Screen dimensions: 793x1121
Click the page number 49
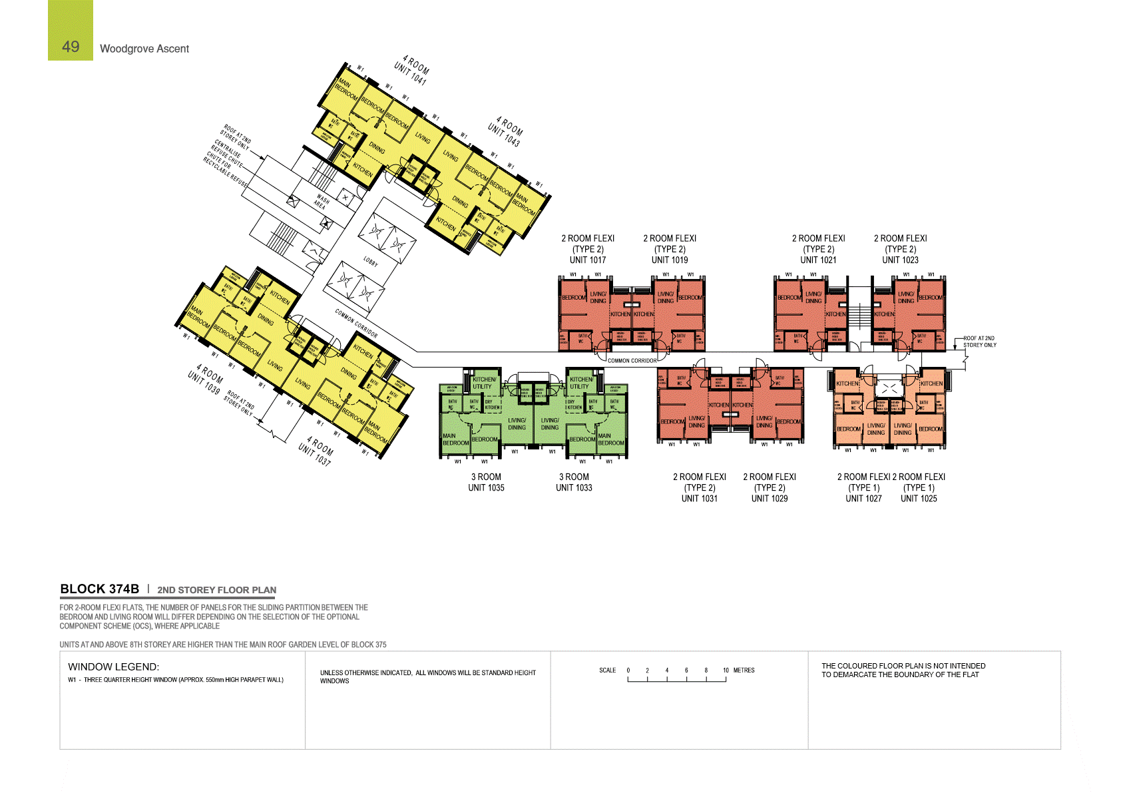click(71, 47)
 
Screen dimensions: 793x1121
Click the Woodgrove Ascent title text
click(144, 49)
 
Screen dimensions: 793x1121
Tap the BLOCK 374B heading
click(100, 589)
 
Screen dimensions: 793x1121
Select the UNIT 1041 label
click(409, 74)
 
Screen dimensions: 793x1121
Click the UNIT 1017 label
click(588, 260)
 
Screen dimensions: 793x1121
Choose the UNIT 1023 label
click(900, 260)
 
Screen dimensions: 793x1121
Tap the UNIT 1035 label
click(486, 488)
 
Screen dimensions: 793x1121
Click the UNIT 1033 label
click(574, 488)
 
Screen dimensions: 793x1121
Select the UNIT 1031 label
click(700, 499)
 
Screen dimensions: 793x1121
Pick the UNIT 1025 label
click(919, 499)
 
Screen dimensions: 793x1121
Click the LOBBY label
click(371, 262)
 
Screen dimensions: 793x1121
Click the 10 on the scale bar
click(726, 670)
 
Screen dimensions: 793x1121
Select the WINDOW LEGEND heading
click(113, 667)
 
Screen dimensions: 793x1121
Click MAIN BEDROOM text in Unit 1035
click(456, 439)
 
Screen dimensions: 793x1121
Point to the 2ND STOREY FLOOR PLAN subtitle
click(216, 590)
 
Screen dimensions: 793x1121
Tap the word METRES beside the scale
click(744, 670)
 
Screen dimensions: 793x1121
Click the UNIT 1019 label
click(670, 260)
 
